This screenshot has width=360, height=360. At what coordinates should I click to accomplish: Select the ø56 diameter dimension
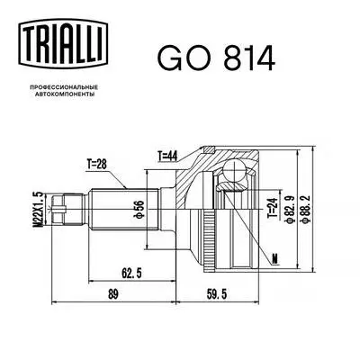point(139,209)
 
